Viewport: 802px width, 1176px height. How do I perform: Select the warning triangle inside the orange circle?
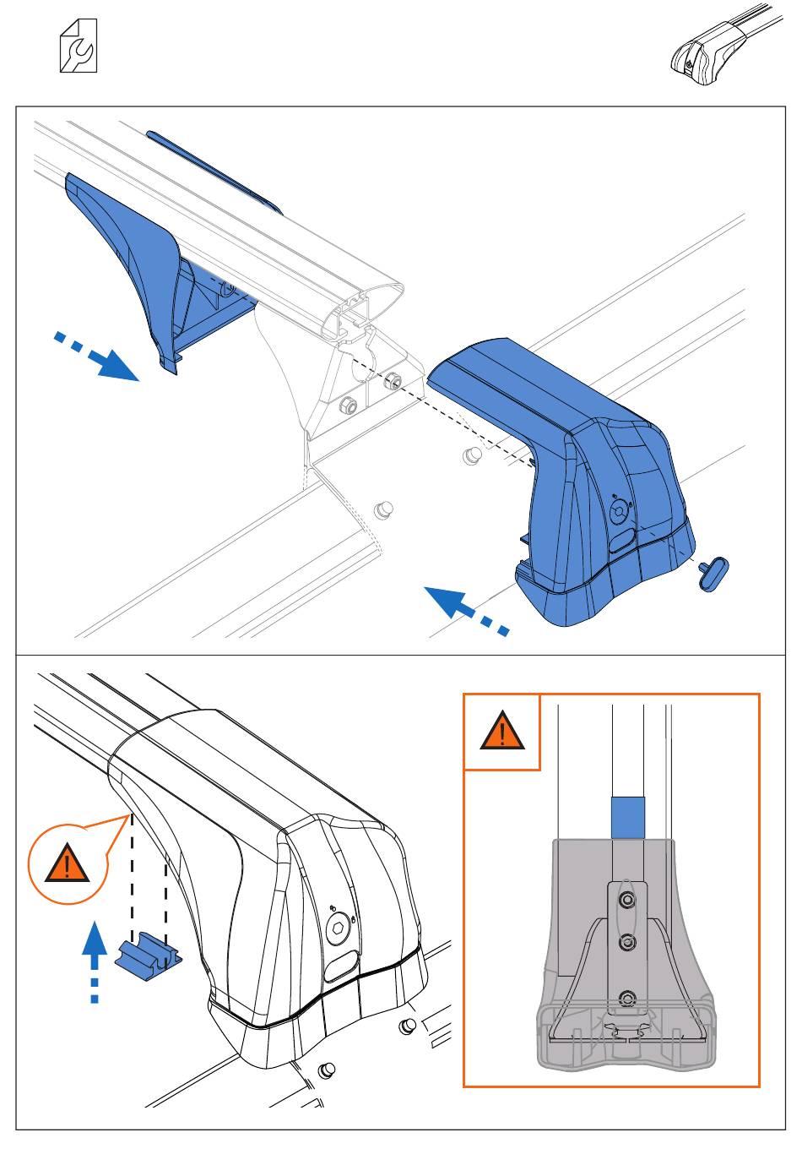point(67,866)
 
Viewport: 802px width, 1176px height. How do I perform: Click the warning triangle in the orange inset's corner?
point(502,732)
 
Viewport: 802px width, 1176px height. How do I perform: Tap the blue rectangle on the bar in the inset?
point(627,817)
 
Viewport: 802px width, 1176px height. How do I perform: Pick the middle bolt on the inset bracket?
point(626,941)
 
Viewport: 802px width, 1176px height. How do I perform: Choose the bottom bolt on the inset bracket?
point(626,999)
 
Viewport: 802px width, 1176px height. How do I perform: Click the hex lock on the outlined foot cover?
point(339,928)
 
